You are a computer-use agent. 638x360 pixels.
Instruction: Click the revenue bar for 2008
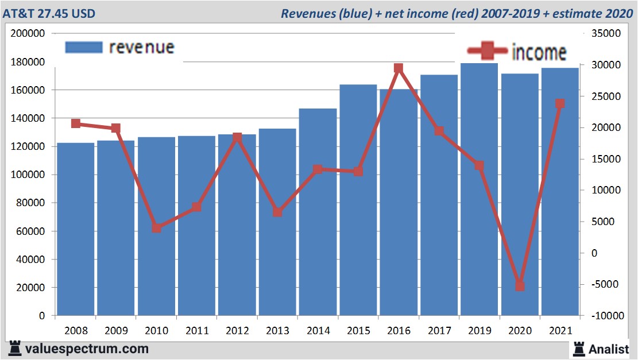coord(75,230)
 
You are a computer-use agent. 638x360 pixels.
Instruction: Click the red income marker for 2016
coord(399,68)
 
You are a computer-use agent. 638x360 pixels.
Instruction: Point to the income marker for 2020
coord(520,286)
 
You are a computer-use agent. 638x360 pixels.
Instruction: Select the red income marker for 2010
coord(156,228)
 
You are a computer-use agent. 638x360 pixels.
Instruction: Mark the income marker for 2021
coord(560,104)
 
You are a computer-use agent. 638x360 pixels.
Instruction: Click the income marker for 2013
coord(277,212)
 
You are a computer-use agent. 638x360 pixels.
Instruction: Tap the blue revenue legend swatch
coord(84,48)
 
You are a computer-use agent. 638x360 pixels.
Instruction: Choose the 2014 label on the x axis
coord(318,331)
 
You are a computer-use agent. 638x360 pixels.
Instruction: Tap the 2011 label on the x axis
coord(196,331)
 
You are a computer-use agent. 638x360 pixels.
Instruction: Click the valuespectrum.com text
coord(86,349)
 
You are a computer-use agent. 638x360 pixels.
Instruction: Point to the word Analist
coord(608,349)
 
